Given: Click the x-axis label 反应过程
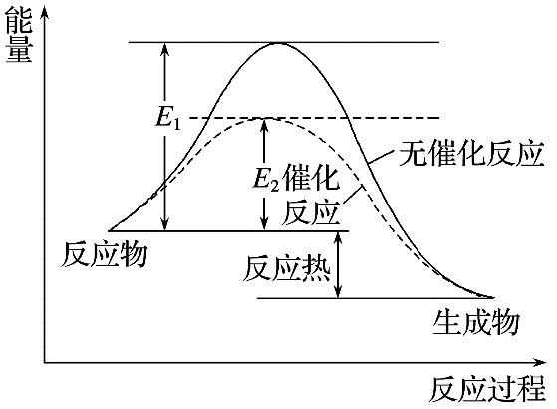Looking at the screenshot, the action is coord(490,388).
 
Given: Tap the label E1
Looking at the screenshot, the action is coord(166,117).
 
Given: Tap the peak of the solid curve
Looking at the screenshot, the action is coord(277,43).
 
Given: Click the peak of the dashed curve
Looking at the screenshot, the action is coord(263,118).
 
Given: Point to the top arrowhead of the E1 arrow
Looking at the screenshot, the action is coord(166,48).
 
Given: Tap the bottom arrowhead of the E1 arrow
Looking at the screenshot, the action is coord(166,226).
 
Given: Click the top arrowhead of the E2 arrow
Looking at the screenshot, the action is coord(263,124).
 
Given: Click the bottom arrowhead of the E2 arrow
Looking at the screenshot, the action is coord(263,226).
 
